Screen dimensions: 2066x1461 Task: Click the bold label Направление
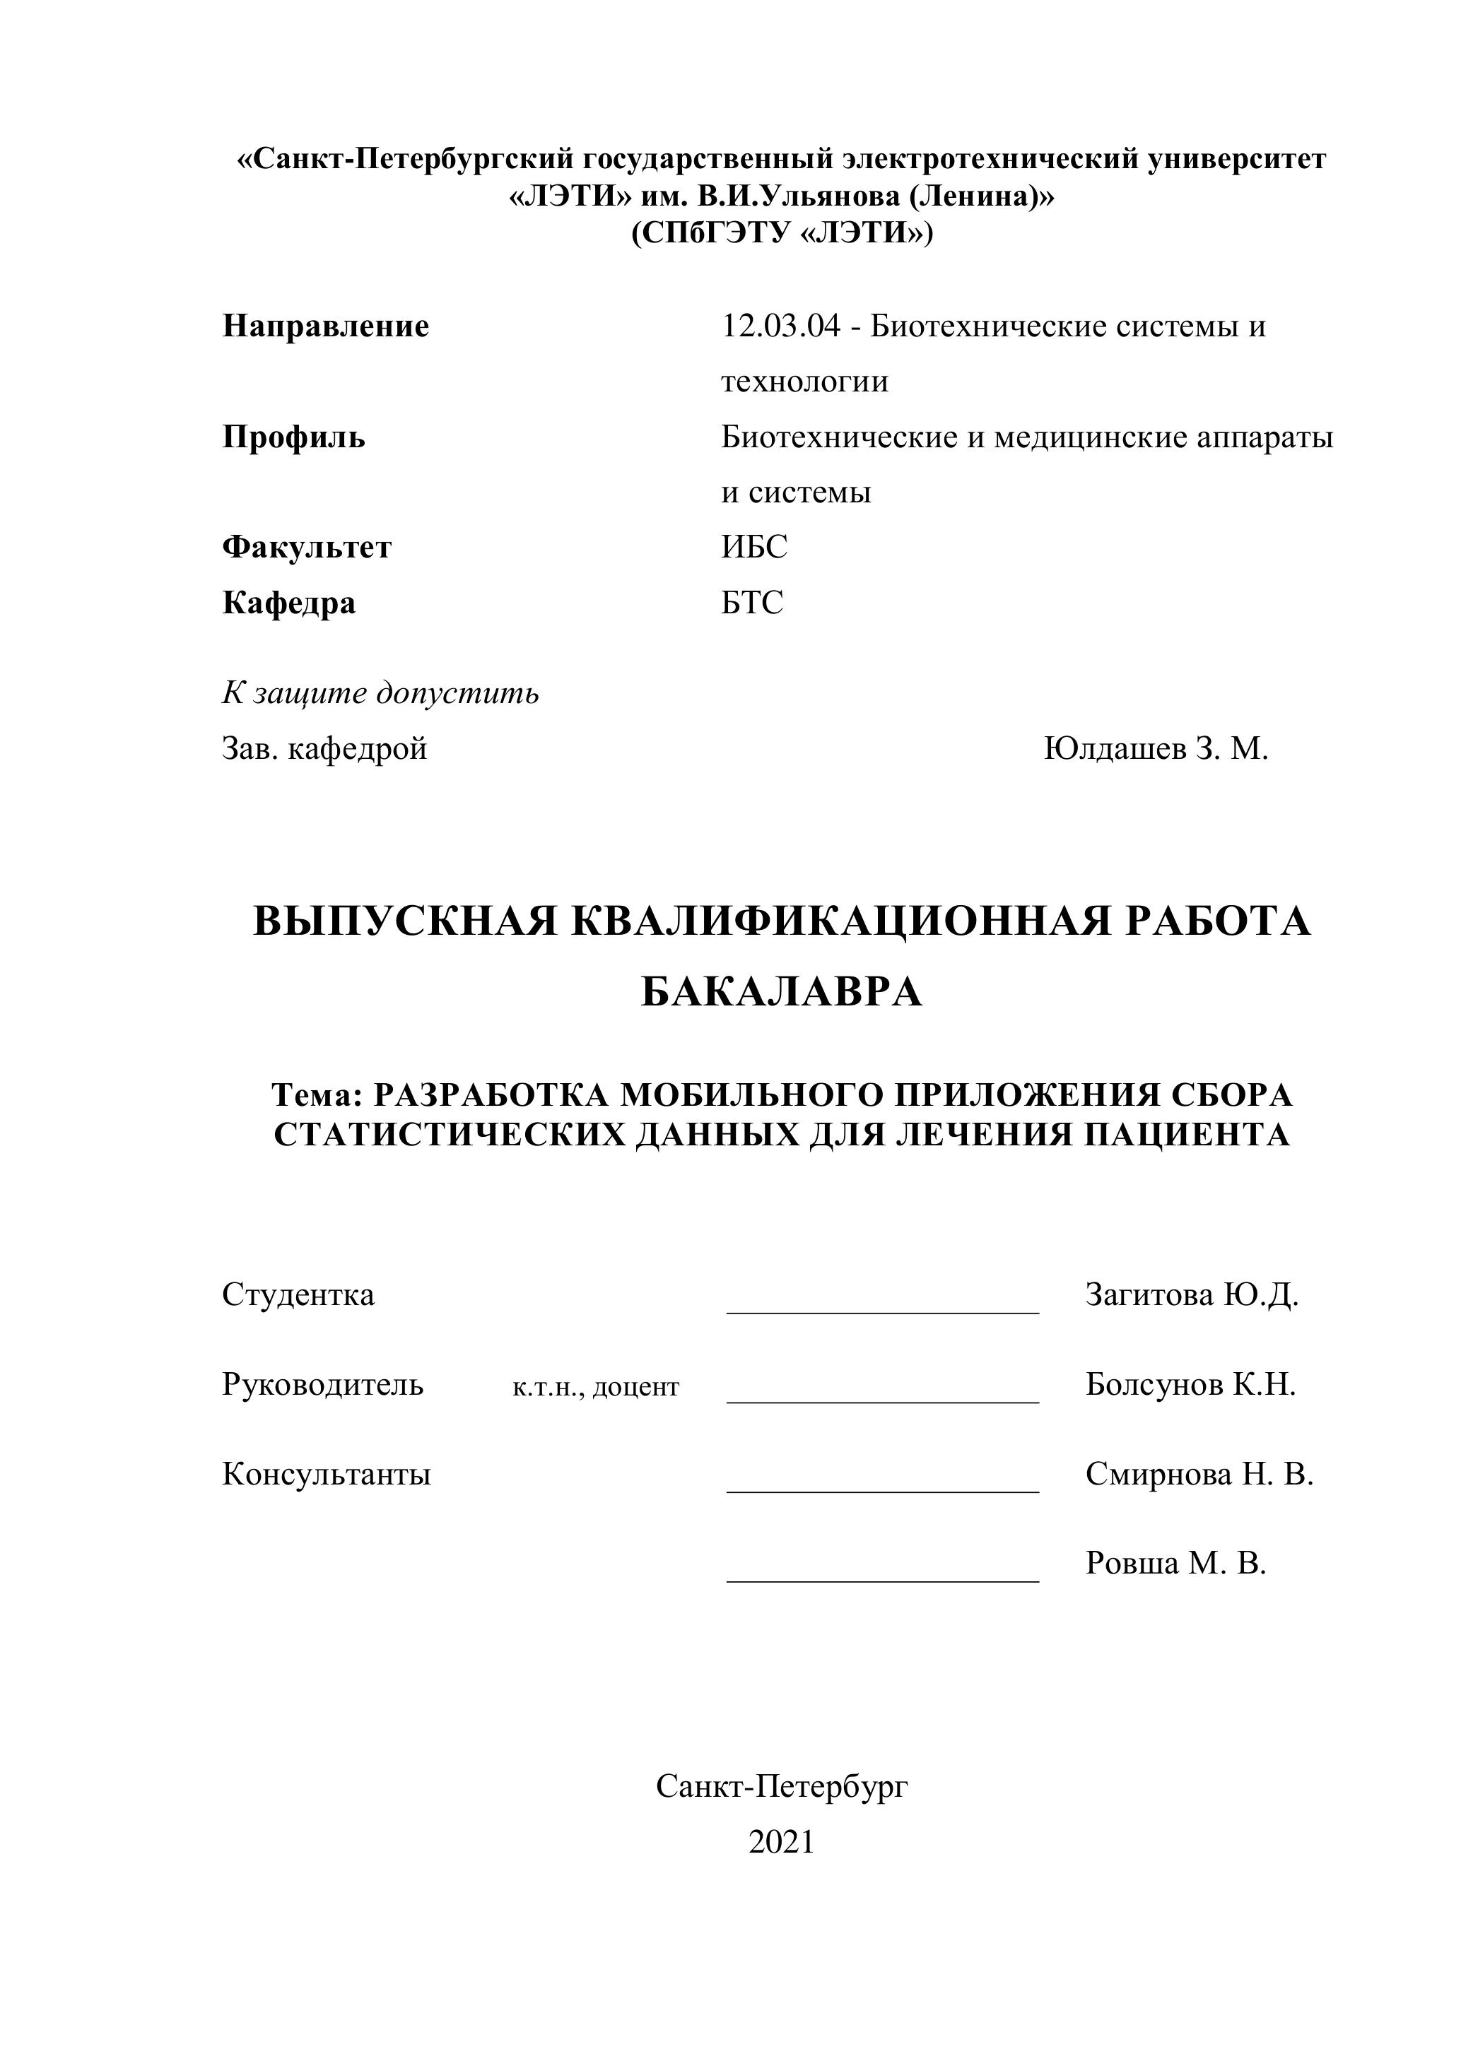325,326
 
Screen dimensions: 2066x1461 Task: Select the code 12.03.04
780,326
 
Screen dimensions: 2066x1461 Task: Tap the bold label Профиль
293,437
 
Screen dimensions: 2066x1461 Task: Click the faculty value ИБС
753,547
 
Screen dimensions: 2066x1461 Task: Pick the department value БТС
751,602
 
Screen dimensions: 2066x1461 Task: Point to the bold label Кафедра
288,602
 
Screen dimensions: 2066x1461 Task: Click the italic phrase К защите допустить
380,693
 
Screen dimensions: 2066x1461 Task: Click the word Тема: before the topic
316,1095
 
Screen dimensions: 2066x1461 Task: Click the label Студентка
298,1295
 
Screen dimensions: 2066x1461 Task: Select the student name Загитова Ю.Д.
1191,1295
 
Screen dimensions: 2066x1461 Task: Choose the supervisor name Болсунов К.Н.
1190,1384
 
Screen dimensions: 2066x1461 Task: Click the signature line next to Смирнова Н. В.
882,1491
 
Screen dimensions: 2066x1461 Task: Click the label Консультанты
326,1474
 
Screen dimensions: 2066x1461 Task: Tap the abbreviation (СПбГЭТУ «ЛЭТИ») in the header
781,233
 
